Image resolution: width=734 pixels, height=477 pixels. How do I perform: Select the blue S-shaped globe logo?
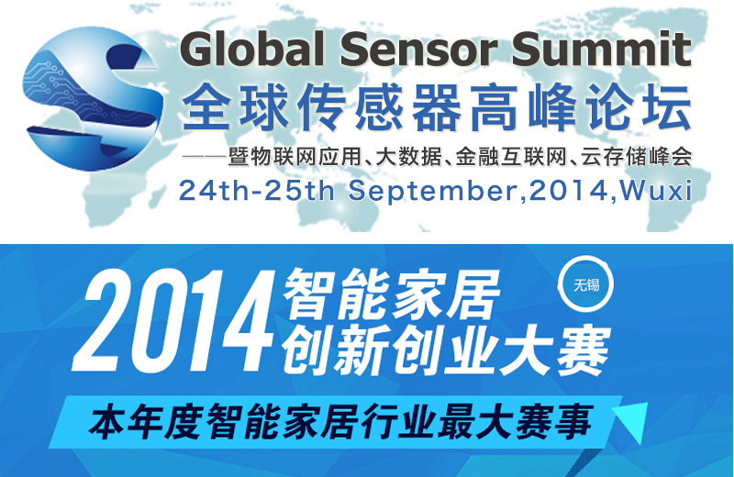[93, 98]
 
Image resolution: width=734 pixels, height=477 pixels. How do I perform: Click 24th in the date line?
[215, 191]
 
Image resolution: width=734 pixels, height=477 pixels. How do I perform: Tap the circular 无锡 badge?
[585, 284]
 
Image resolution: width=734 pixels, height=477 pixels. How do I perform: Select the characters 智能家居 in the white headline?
[392, 294]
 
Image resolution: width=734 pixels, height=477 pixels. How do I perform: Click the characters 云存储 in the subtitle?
[614, 156]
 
